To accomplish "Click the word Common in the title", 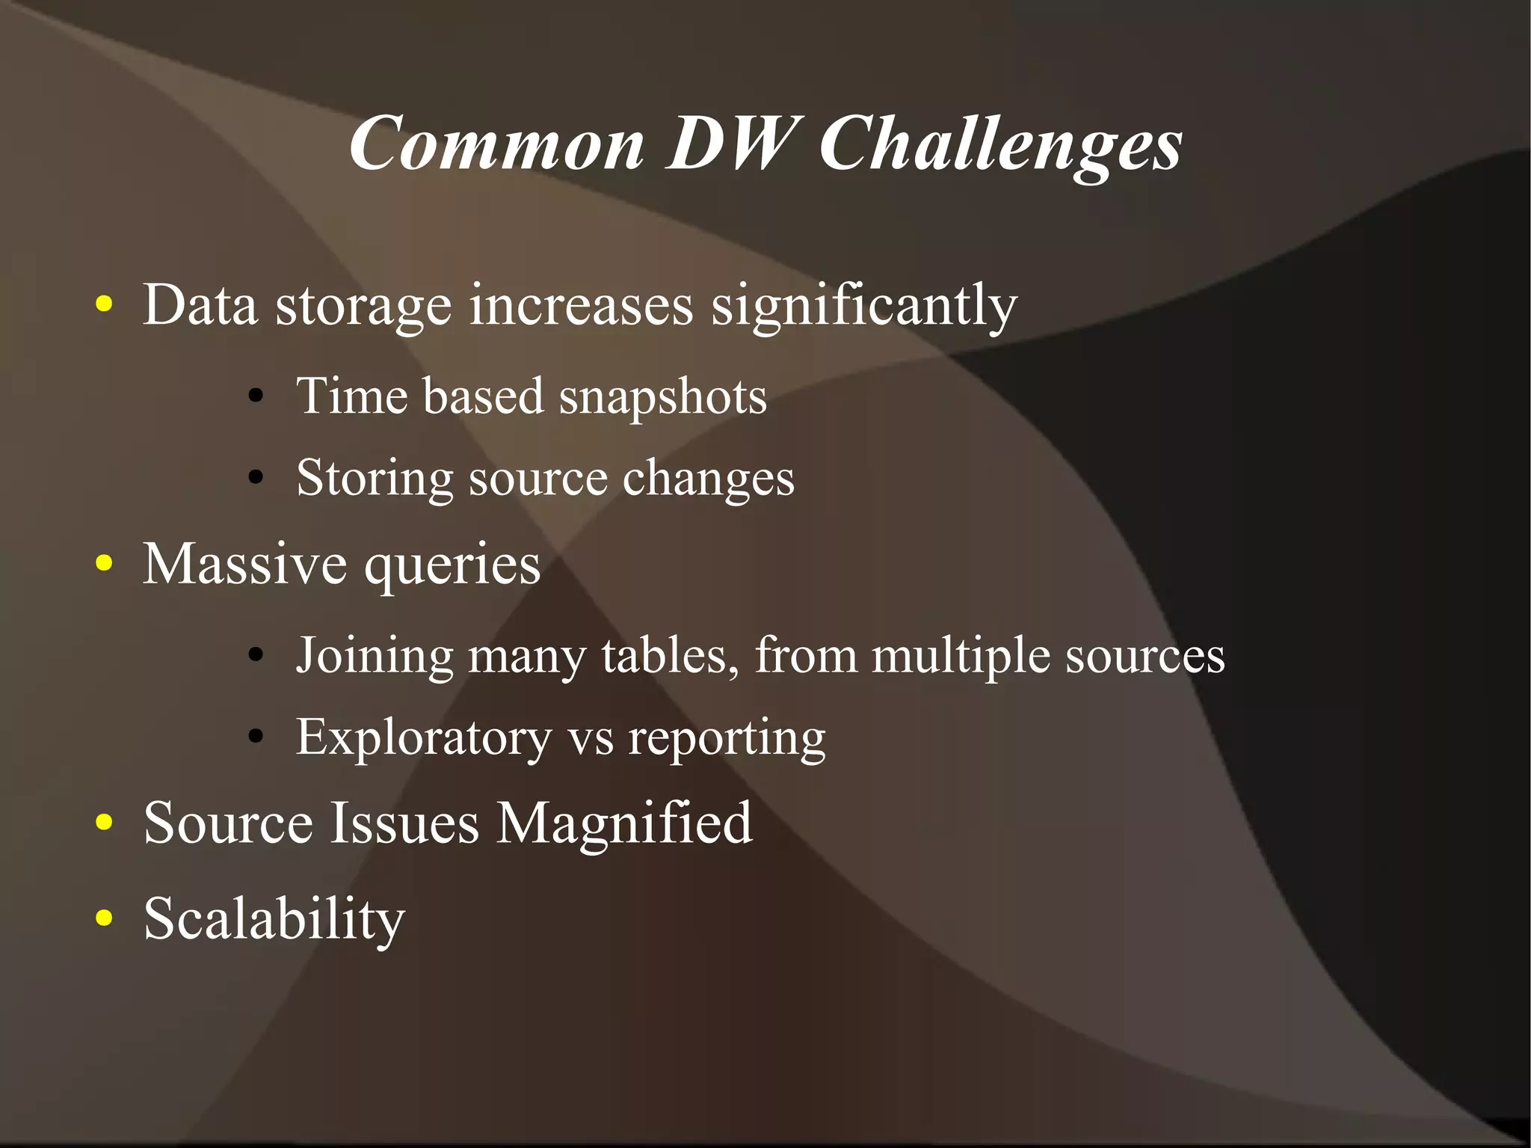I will pyautogui.click(x=497, y=144).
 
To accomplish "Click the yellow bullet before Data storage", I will pyautogui.click(x=105, y=305).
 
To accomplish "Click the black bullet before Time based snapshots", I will pyautogui.click(x=256, y=396).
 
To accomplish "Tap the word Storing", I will pyautogui.click(x=375, y=479).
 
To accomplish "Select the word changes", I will pyautogui.click(x=708, y=479).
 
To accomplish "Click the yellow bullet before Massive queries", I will pyautogui.click(x=105, y=564).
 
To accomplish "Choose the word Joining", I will pyautogui.click(x=375, y=656).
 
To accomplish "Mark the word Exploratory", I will pyautogui.click(x=423, y=738).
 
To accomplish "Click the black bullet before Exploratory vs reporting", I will pyautogui.click(x=256, y=737).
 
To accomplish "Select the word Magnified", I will pyautogui.click(x=624, y=823).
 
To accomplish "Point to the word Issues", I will pyautogui.click(x=404, y=823).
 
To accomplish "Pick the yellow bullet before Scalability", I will pyautogui.click(x=105, y=918).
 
